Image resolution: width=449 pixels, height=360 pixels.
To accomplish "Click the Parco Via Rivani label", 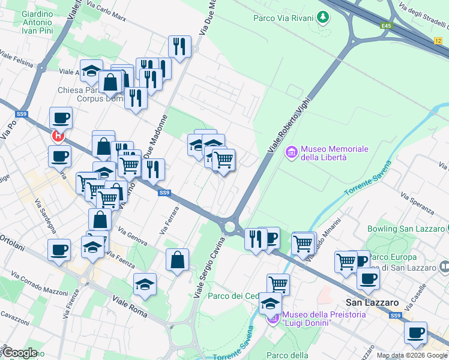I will coord(283,18).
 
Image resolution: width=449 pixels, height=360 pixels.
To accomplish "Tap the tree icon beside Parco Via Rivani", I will coord(324,17).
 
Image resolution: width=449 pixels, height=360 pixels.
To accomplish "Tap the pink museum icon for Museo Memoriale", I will coord(292,153).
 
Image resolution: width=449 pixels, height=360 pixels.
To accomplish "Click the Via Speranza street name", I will coord(417,202).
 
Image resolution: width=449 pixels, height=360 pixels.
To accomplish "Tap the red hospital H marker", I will coord(58,136).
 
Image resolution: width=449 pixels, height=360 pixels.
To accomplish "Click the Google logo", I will coord(19,353).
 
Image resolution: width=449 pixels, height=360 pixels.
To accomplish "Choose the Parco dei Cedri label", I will coord(233,296).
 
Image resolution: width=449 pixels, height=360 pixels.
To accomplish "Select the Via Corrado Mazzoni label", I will coord(38,284).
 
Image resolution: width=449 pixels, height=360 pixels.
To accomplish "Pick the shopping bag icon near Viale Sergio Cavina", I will coord(178,260).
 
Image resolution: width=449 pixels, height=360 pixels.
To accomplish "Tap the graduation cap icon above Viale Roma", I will coord(145,285).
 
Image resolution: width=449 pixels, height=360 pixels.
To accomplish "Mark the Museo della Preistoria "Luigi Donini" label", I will coord(307,318).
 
